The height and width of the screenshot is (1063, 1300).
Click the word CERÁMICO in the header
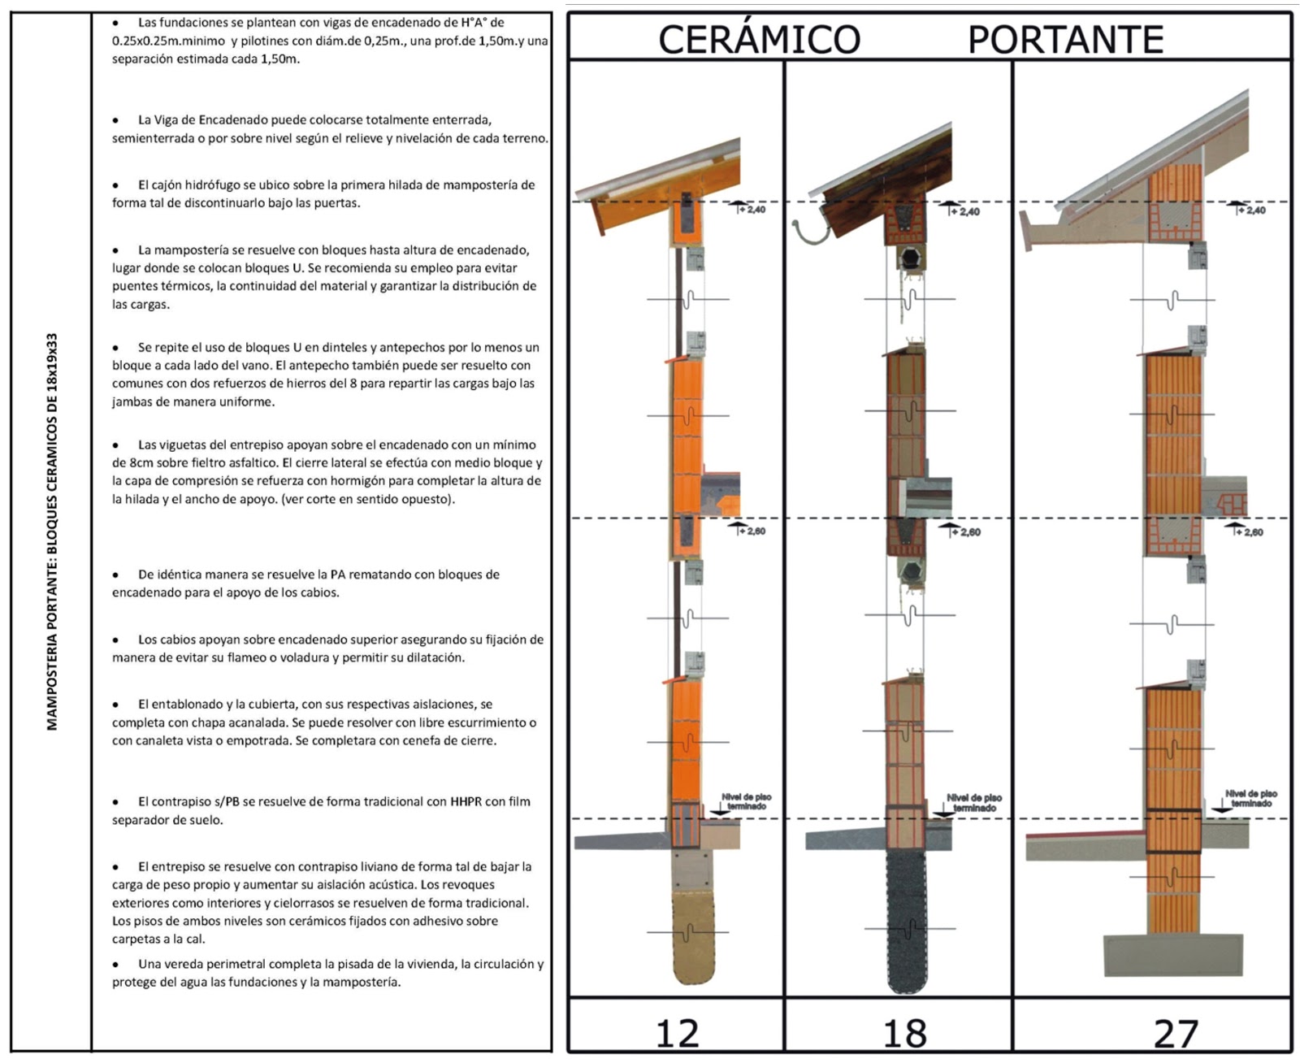pyautogui.click(x=759, y=39)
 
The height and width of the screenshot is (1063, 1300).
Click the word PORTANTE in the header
pyautogui.click(x=1065, y=39)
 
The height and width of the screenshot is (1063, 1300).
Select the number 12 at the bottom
pyautogui.click(x=676, y=1034)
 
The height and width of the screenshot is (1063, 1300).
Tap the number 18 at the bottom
pyautogui.click(x=904, y=1034)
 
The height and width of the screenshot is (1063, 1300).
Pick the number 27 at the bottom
pyautogui.click(x=1176, y=1034)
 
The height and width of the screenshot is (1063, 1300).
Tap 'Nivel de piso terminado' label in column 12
pyautogui.click(x=746, y=802)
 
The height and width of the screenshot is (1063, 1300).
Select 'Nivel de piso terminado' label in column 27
pyautogui.click(x=1251, y=799)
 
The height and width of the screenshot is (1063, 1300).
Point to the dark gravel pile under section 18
pyautogui.click(x=908, y=922)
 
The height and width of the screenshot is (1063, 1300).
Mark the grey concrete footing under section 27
pyautogui.click(x=1172, y=955)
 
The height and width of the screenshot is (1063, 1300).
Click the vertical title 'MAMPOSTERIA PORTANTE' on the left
pyautogui.click(x=52, y=531)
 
